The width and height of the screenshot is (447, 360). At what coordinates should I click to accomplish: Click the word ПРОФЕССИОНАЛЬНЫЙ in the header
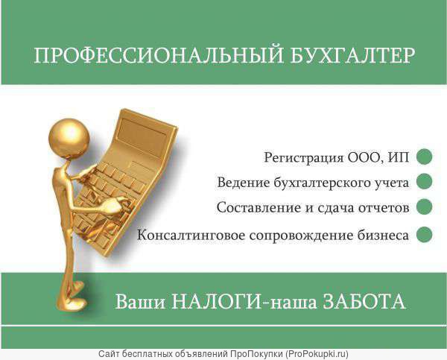[x=159, y=55]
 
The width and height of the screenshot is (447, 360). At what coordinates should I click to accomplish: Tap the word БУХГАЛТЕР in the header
[x=352, y=55]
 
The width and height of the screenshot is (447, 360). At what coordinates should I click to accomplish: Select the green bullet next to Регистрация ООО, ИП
[x=424, y=157]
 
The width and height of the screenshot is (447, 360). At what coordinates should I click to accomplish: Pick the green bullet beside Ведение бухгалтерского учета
[x=424, y=181]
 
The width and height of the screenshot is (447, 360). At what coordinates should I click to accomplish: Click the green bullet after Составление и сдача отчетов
[x=424, y=206]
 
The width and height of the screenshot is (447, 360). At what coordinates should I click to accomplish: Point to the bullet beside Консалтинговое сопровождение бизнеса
[x=424, y=235]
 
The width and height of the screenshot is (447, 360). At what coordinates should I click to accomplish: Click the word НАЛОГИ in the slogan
[x=216, y=301]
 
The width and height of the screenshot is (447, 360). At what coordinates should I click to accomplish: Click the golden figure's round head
[x=69, y=138]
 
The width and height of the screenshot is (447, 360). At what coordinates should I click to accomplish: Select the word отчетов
[x=384, y=208]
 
